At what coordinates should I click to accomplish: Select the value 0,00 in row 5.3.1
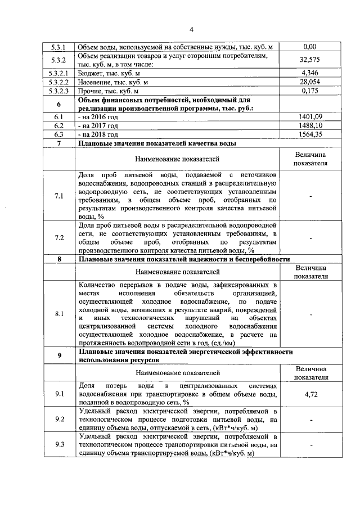[310, 47]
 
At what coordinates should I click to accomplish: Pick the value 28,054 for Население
[310, 81]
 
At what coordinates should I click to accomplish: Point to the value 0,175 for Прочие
[310, 90]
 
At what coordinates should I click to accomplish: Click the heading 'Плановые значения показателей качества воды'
[156, 143]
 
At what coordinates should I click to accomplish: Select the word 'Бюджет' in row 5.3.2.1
[91, 73]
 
